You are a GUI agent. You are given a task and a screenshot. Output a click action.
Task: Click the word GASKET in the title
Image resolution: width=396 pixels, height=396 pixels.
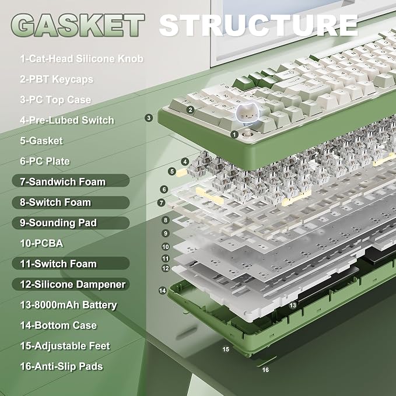point(78,25)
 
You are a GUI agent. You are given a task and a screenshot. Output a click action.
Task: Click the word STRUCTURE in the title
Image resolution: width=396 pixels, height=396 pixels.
point(258,25)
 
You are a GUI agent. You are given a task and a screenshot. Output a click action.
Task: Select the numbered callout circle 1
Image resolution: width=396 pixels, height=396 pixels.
point(234,134)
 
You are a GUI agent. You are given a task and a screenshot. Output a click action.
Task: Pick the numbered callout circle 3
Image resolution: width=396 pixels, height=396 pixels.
point(149,118)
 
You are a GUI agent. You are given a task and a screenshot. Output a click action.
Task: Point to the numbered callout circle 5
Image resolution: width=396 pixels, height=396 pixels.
point(172,171)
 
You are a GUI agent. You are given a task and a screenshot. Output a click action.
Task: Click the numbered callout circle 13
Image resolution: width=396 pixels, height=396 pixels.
point(293,306)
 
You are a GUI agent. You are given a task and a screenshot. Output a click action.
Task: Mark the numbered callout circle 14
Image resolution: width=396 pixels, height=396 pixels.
point(162,290)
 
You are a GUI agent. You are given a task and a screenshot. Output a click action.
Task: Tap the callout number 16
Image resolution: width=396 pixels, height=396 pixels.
point(265,370)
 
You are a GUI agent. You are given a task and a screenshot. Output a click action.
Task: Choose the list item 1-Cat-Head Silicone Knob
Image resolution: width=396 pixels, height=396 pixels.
point(82,58)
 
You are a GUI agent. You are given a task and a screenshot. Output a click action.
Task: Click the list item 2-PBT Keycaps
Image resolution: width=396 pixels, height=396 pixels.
point(57,79)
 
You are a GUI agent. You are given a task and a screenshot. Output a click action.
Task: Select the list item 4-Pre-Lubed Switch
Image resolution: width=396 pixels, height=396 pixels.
point(67,120)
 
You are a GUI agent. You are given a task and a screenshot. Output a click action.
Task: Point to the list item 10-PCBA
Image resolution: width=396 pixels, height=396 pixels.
point(41,243)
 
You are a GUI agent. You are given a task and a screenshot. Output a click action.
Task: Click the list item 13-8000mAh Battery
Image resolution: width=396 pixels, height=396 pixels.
point(68,305)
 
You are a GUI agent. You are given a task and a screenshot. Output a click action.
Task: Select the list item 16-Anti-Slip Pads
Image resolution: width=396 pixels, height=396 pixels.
point(62,366)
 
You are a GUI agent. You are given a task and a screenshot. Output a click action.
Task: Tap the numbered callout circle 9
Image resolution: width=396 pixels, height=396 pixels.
point(166,233)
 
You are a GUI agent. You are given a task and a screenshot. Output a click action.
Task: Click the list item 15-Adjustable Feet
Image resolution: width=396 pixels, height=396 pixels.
point(65,346)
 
